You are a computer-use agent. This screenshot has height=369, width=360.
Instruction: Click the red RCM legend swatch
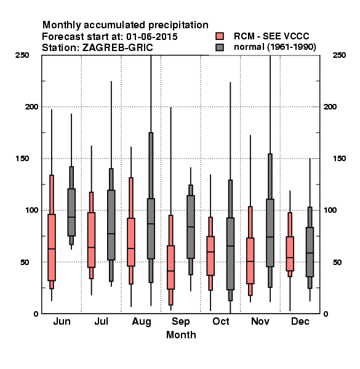[220, 36]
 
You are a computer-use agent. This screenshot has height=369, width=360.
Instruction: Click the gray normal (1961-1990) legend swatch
[220, 47]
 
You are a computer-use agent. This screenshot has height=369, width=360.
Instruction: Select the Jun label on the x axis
[62, 321]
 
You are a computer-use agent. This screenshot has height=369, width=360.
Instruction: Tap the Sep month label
[180, 322]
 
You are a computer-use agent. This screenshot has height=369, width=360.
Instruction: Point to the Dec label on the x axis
[300, 321]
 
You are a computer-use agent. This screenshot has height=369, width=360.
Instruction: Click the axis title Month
[181, 335]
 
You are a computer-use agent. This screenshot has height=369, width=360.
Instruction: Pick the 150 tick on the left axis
[22, 159]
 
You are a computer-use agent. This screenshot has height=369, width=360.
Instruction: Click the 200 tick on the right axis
[330, 106]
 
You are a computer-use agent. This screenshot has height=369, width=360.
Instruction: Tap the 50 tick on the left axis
[25, 262]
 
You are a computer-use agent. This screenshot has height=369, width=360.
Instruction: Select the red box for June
[52, 247]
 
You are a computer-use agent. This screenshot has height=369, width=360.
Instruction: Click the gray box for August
[151, 229]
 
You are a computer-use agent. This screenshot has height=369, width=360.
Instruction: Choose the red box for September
[170, 268]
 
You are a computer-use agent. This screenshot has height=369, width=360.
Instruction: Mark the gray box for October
[230, 253]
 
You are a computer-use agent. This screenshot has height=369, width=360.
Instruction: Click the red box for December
[290, 253]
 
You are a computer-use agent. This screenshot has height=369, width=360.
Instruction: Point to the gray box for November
[270, 232]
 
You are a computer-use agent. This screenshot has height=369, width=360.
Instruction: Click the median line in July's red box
[91, 247]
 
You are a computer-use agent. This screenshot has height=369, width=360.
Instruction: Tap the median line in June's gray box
[71, 217]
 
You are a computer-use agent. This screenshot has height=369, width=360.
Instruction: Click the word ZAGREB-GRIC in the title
[118, 48]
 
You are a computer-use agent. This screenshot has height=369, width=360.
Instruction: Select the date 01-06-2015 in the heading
[152, 37]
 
